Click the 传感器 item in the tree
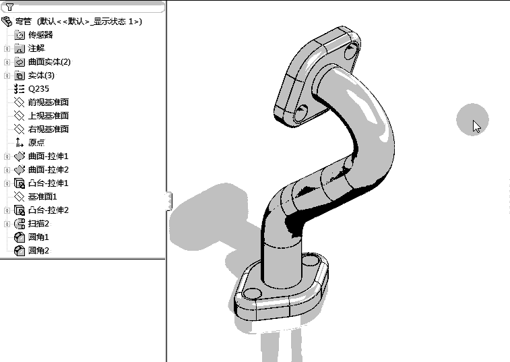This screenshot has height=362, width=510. point(40,34)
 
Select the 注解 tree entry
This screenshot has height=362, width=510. point(36,48)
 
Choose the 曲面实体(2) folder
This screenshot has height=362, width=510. point(49,61)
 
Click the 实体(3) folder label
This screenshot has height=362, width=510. point(41,75)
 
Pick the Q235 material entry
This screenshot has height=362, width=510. point(38,88)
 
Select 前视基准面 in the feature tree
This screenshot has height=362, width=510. point(48,102)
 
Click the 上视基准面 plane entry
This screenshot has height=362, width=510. point(48,115)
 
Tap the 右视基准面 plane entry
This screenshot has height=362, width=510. point(48,129)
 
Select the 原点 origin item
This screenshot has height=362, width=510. point(36,142)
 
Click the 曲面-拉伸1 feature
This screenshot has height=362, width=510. point(48,156)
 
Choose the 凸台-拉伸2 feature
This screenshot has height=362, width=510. point(48,210)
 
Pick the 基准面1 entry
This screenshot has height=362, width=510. point(42,196)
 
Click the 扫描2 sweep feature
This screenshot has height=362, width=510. point(38,223)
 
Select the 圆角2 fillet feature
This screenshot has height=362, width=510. point(38,250)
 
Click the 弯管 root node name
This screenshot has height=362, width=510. point(23,21)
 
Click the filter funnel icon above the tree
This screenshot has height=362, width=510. point(9,7)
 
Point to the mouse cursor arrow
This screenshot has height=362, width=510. point(476,125)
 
